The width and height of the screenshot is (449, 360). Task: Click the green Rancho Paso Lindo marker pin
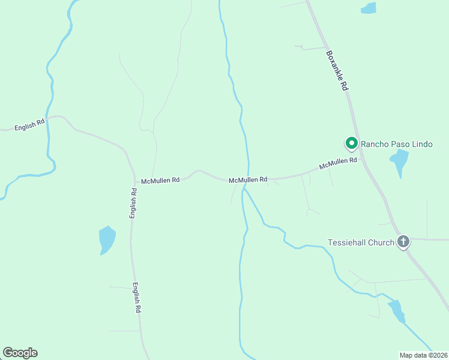coord(351,143)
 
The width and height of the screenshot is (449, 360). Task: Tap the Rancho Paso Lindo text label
coord(396,145)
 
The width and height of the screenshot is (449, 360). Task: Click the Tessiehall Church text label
coord(361,242)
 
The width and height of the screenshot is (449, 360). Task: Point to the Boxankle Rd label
coord(337,70)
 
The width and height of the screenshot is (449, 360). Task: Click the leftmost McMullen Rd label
coord(160,180)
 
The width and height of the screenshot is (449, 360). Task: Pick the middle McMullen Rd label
coord(247,179)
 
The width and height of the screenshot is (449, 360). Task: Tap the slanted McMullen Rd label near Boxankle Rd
coord(338,163)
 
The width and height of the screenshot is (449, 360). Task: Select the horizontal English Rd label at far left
coord(29,125)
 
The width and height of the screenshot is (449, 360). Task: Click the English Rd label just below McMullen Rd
coord(134,203)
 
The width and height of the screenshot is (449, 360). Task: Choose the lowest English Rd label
coord(137,298)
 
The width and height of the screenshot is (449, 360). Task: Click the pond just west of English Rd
coord(107,240)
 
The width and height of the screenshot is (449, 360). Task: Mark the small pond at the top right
coord(368,8)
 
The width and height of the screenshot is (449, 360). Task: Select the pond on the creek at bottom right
coord(397,311)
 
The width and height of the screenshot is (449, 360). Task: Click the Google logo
coord(20,353)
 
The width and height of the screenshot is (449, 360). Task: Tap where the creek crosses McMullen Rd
coord(247,179)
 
